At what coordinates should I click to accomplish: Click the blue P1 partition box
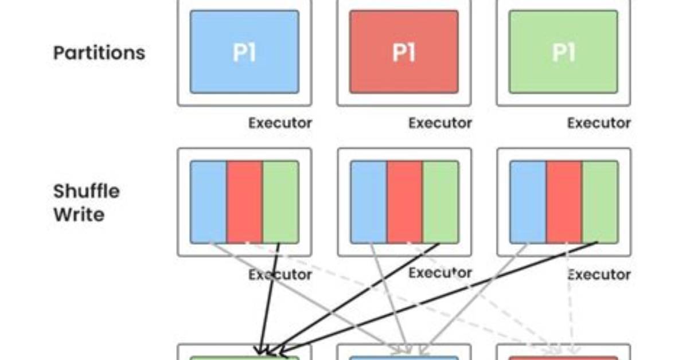pyautogui.click(x=244, y=52)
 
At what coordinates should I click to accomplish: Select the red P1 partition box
pyautogui.click(x=404, y=52)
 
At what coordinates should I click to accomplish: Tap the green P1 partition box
pyautogui.click(x=563, y=52)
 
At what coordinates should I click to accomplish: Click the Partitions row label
pyautogui.click(x=99, y=53)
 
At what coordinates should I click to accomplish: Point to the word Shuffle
pyautogui.click(x=87, y=191)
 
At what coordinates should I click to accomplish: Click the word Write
pyautogui.click(x=79, y=214)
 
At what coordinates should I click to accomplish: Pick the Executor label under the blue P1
pyautogui.click(x=280, y=123)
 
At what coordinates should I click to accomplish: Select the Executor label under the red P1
pyautogui.click(x=440, y=123)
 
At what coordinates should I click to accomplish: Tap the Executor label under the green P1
pyautogui.click(x=599, y=123)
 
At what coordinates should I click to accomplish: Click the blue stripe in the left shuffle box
pyautogui.click(x=208, y=202)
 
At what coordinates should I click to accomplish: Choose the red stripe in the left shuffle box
pyautogui.click(x=244, y=202)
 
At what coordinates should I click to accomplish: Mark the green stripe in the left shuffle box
pyautogui.click(x=281, y=202)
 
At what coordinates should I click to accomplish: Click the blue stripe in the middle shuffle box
pyautogui.click(x=368, y=202)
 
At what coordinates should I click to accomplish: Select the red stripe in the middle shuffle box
pyautogui.click(x=405, y=202)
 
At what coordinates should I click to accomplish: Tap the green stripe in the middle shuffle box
pyautogui.click(x=441, y=202)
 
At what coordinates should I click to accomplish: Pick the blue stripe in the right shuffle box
pyautogui.click(x=528, y=202)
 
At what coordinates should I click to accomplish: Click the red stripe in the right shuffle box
pyautogui.click(x=564, y=202)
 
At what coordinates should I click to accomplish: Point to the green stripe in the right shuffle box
pyautogui.click(x=601, y=202)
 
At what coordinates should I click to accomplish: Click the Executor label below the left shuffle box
pyautogui.click(x=280, y=275)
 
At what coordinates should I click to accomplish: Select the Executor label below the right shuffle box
pyautogui.click(x=599, y=275)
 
